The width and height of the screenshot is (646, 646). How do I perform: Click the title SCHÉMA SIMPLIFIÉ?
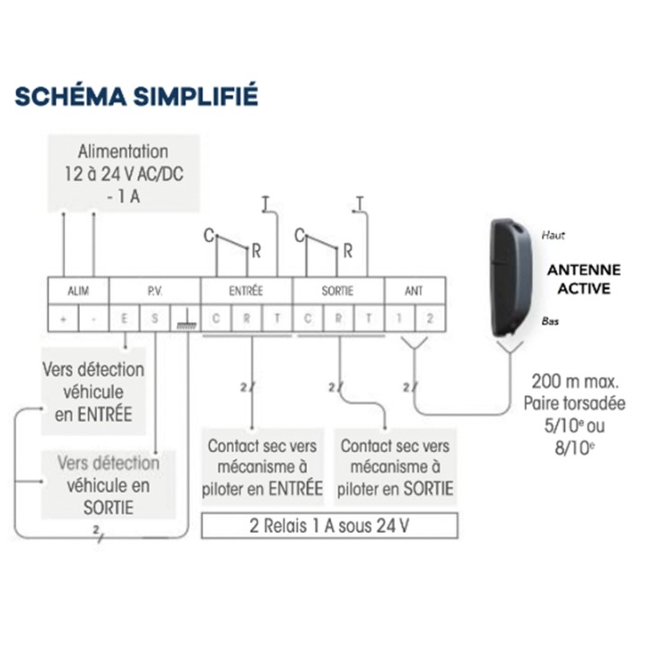136,95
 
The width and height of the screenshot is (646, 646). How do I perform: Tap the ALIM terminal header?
78,291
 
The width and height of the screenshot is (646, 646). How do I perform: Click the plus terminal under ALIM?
64,318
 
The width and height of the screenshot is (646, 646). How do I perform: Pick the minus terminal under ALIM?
93,318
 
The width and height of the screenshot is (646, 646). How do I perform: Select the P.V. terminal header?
154,291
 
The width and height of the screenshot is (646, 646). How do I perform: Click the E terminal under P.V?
125,318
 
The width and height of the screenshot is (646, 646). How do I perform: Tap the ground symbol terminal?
186,319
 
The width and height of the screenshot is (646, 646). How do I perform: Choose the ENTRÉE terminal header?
247,291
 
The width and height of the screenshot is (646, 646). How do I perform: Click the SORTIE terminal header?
337,291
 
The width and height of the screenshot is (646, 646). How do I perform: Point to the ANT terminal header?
414,291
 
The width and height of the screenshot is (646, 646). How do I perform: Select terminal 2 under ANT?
429,318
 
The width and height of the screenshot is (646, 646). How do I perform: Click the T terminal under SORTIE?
368,318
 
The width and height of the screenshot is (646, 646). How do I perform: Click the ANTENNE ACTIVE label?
584,278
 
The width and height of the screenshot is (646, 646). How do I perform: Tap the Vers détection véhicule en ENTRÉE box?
93,391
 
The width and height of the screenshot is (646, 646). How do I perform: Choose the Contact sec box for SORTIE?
396,467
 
